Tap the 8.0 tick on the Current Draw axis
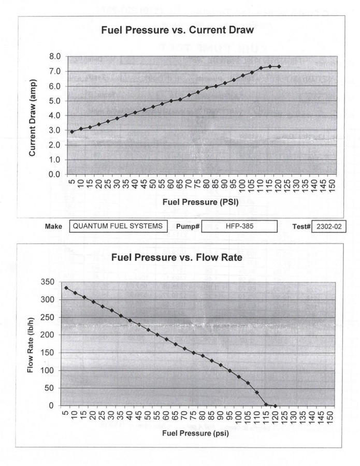(x=54, y=56)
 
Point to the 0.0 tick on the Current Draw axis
(x=54, y=174)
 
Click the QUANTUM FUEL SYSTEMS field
(x=118, y=226)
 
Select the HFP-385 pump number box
(x=239, y=226)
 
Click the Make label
(x=54, y=226)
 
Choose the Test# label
(x=301, y=227)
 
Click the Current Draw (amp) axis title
(x=32, y=115)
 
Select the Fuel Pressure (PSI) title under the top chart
(x=201, y=202)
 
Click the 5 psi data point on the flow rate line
(x=66, y=288)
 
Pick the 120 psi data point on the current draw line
(x=279, y=66)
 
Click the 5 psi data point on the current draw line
(x=72, y=132)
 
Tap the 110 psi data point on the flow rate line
(x=257, y=392)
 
